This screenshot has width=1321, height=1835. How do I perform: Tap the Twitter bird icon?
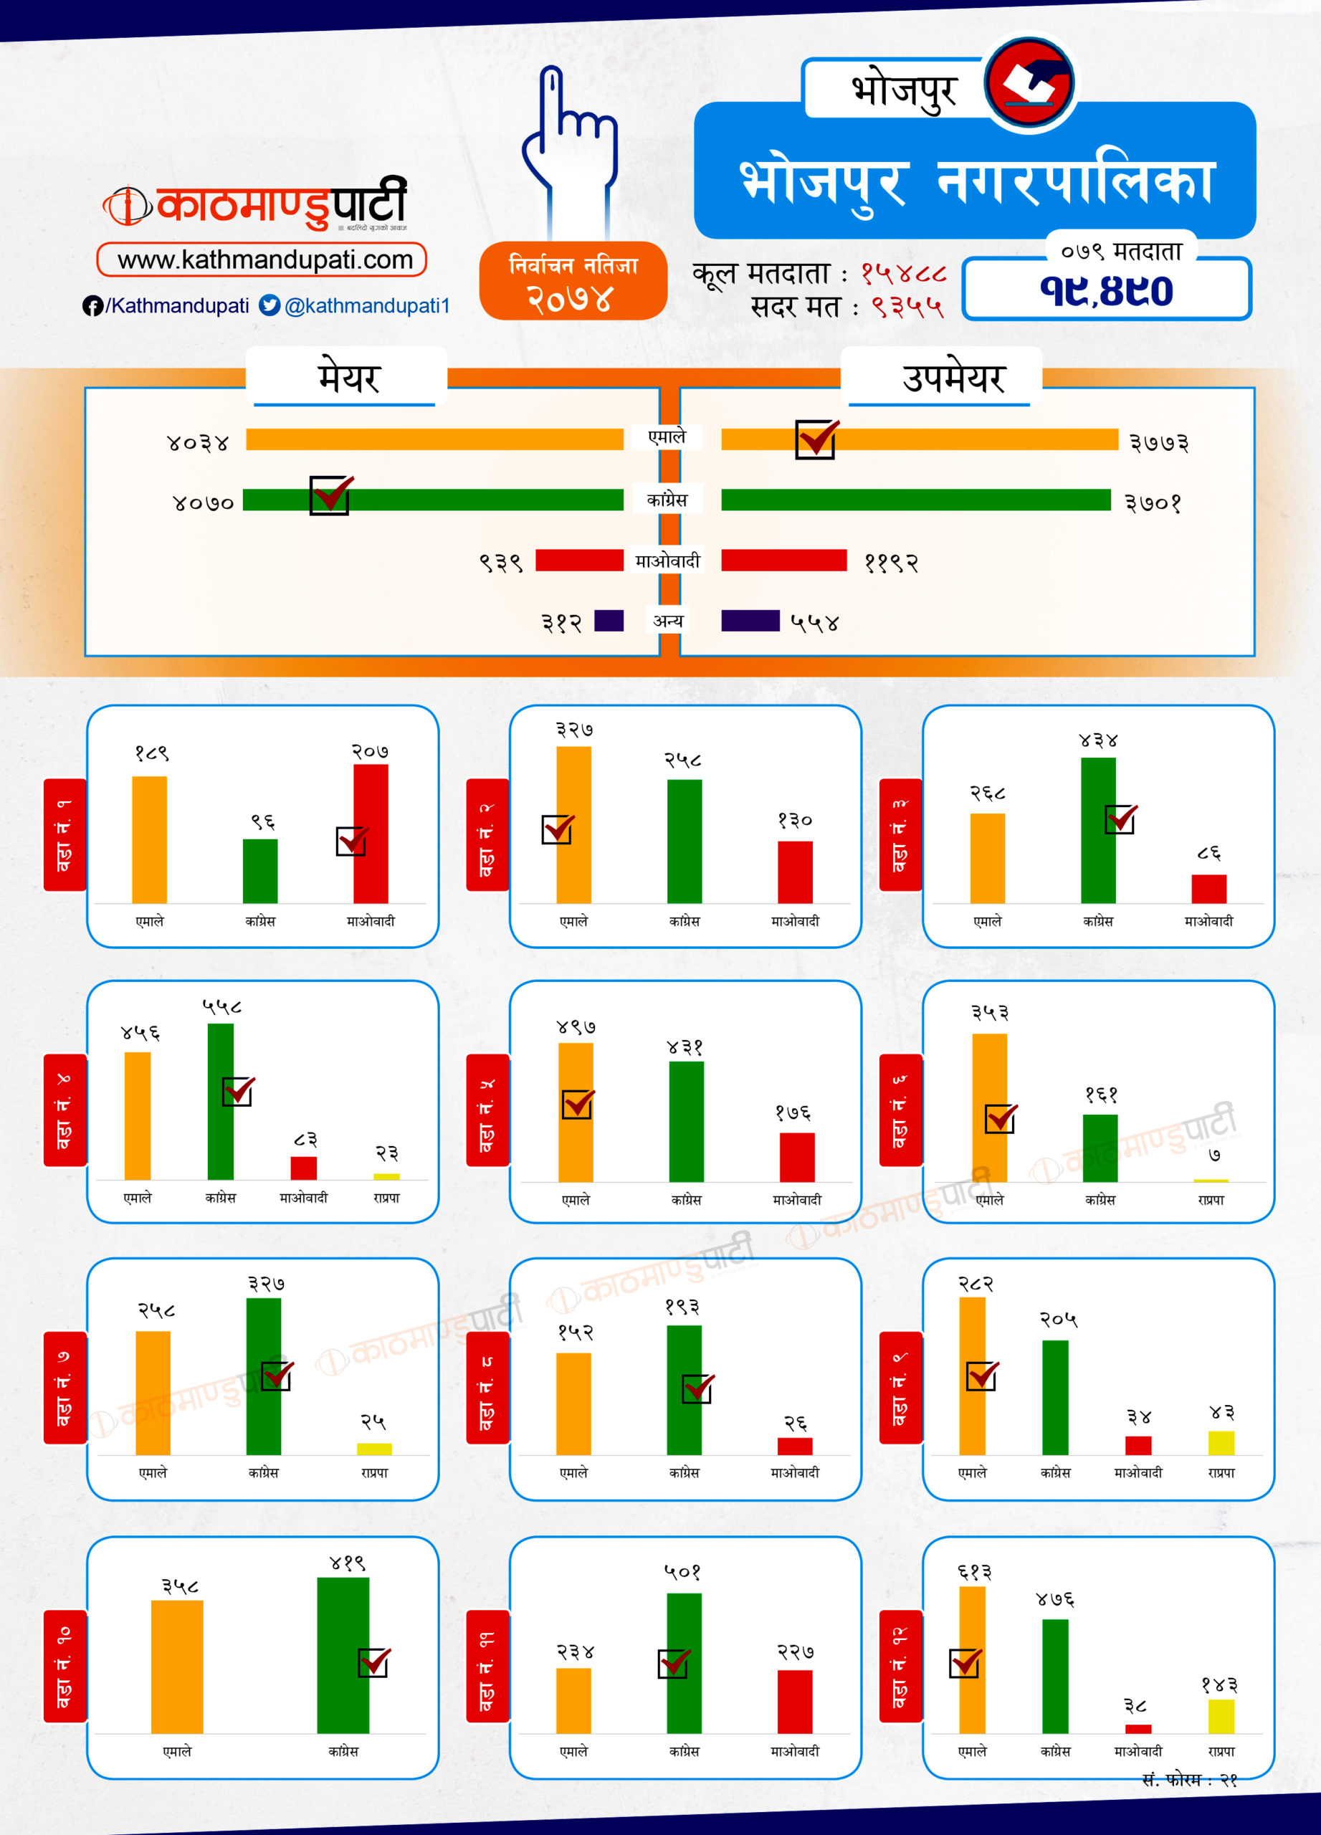coord(270,305)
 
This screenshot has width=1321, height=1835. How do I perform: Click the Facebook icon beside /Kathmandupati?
coord(92,306)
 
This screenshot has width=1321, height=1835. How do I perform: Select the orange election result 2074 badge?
coord(573,281)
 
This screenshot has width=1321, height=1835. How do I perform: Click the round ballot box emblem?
coord(1030,83)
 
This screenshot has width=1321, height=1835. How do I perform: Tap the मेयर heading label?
coord(348,378)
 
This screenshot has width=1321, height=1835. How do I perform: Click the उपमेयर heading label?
coord(953,378)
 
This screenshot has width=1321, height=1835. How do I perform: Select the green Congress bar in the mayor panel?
coord(433,500)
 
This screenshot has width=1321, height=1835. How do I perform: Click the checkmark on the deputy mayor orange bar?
coord(816,439)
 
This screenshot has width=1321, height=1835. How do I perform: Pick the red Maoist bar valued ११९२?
coord(783,560)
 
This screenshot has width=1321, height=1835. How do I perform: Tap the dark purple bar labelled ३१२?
coord(609,621)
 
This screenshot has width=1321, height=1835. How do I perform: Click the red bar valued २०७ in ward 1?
coord(371,834)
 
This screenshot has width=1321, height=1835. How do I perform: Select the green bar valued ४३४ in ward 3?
coord(1098,830)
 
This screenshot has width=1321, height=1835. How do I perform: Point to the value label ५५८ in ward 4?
coord(221,1006)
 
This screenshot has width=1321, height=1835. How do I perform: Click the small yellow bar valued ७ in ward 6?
coord(1210,1181)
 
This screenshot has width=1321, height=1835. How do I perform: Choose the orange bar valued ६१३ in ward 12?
coord(971,1659)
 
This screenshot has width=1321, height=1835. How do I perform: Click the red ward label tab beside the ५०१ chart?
coord(487,1665)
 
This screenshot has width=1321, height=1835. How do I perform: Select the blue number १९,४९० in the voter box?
coord(1106,290)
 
